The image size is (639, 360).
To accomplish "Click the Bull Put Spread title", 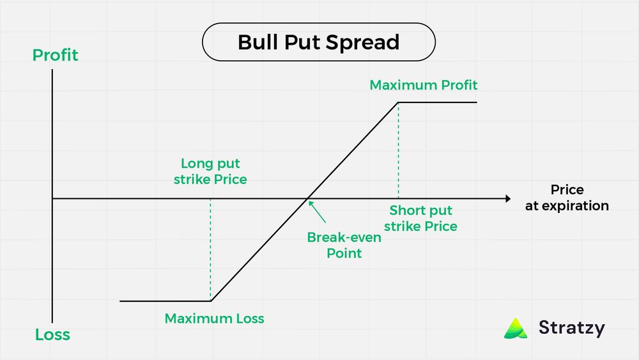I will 318,42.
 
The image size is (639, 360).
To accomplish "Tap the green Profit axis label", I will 56,56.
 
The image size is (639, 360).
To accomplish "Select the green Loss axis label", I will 52,334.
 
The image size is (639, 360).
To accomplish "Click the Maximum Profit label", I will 424,85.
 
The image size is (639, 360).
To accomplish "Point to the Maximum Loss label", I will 214,318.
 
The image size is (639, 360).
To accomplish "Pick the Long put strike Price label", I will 210,171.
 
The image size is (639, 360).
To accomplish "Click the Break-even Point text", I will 335,245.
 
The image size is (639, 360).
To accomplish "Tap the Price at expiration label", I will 567,198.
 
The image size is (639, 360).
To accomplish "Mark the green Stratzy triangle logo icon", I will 516,328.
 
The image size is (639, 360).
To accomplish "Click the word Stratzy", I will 571,328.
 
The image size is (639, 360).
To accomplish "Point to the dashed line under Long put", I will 210,249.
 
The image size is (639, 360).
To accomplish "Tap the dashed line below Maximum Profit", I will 398,150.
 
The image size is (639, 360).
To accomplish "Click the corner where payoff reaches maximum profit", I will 398,102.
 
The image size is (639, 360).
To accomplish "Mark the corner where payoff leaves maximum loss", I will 211,301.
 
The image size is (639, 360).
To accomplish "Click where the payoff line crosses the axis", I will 308,199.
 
